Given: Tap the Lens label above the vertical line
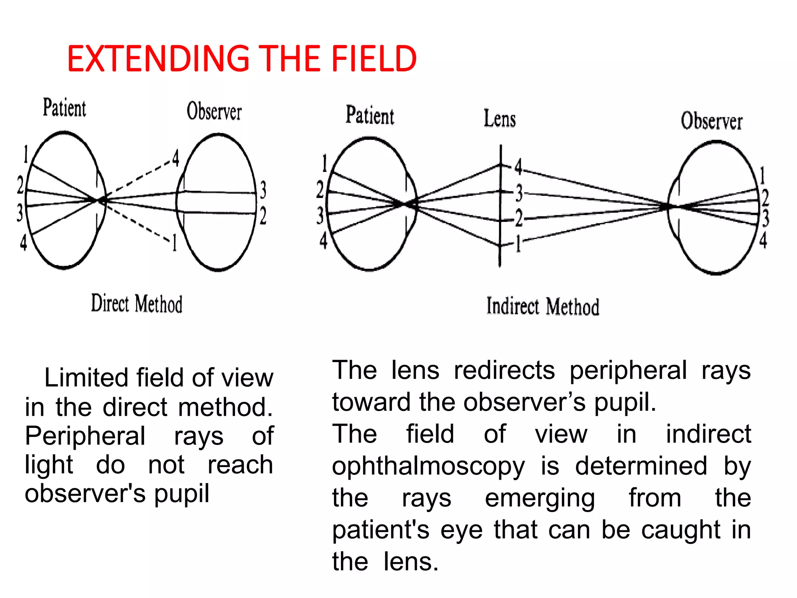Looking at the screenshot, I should tap(500, 118).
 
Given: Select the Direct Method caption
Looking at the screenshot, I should tap(137, 304).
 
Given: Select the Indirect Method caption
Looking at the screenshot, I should tap(542, 306).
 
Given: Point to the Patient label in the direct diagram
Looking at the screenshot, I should tap(64, 108).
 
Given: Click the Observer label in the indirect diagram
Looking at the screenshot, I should tap(711, 121).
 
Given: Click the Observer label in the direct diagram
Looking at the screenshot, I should tap(214, 111).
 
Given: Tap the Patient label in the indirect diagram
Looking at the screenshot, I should tap(370, 116).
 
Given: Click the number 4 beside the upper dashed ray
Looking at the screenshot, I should tap(176, 158).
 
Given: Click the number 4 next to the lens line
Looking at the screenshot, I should tap(518, 167).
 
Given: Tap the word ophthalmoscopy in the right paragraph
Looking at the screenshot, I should tap(428, 466).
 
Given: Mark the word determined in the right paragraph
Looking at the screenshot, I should tap(641, 466).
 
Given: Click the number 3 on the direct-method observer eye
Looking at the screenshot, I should tap(263, 190).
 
